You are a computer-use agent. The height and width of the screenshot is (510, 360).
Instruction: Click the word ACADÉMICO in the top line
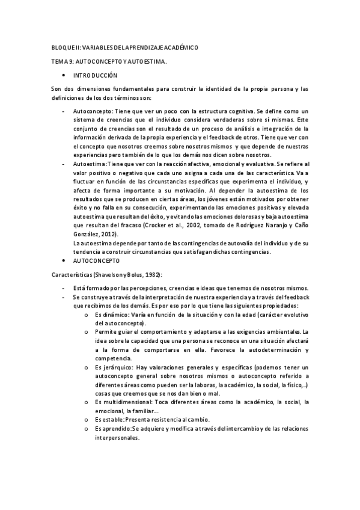[x=175, y=47]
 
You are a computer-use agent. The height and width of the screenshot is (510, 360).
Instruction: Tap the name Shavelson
[x=111, y=275]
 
